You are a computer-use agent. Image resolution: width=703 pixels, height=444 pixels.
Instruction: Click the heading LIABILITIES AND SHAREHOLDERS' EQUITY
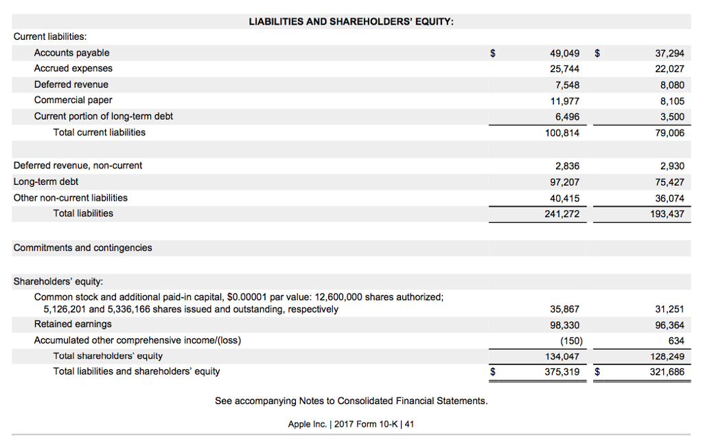tap(351, 21)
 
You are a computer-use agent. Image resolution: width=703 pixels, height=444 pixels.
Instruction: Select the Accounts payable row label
tap(71, 53)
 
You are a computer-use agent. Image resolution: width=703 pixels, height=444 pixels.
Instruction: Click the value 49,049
tap(564, 53)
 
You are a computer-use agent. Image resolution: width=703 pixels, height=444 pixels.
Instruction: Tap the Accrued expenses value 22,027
tap(670, 69)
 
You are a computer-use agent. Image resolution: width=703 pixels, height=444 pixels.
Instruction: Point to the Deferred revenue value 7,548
tap(566, 85)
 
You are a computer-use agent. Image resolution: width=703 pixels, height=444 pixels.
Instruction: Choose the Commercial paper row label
tap(73, 100)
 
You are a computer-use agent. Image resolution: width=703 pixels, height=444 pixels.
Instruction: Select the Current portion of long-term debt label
tap(103, 116)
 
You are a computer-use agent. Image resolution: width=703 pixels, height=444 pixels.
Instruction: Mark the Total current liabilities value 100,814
tap(562, 133)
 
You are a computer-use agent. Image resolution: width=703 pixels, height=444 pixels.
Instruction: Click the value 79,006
tap(670, 133)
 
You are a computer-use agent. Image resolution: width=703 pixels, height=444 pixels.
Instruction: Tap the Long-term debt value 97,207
tap(564, 181)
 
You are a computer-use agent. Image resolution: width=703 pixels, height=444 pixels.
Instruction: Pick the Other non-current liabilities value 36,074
tap(670, 198)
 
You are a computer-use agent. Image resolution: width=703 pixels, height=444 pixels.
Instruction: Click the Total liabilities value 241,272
tap(562, 214)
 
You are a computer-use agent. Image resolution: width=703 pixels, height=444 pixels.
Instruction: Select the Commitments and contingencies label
tap(82, 247)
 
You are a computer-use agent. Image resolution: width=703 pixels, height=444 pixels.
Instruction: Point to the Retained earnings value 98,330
tap(564, 324)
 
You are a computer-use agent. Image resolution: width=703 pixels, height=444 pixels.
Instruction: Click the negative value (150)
tap(570, 340)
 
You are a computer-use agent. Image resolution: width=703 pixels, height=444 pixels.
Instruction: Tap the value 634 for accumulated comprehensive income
tap(676, 340)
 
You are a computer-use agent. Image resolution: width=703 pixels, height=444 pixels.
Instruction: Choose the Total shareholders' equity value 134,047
tap(562, 356)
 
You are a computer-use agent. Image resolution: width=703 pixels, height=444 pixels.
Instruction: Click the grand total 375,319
tap(562, 372)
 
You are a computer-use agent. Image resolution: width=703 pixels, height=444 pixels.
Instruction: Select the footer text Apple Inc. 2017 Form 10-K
tap(351, 423)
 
